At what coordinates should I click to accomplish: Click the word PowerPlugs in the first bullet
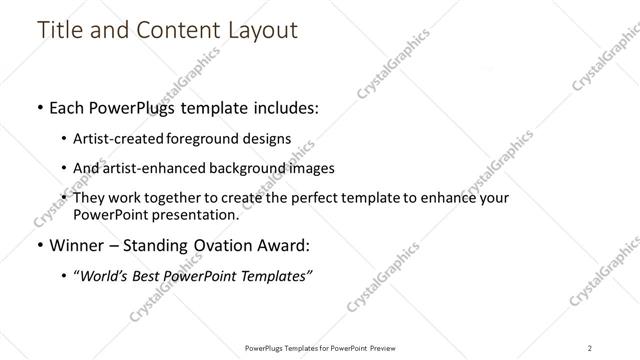(137, 108)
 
